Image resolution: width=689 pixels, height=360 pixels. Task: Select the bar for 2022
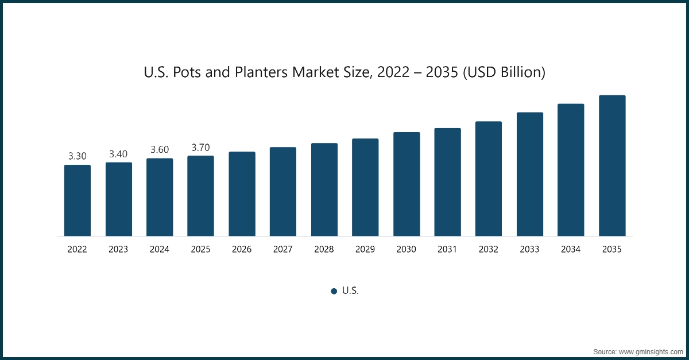coord(78,200)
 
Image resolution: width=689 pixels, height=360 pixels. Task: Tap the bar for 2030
coord(407,184)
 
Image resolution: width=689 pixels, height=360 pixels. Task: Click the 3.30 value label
coord(78,156)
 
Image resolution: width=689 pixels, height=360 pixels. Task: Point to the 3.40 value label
coord(118,154)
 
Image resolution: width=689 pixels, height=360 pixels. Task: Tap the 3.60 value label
coord(160,149)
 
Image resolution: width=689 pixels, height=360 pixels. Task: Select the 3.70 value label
coord(200,148)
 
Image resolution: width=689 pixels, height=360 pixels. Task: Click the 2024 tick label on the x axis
coord(160,250)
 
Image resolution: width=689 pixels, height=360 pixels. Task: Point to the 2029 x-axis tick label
coord(365,250)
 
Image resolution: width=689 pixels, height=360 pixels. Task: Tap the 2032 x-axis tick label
coord(489,250)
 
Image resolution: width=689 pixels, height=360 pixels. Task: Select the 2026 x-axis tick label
coord(242,250)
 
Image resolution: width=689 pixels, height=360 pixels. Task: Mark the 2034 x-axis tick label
coord(571,250)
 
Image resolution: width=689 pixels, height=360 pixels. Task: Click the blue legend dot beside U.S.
coord(334,291)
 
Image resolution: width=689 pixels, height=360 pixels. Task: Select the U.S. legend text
coord(350,291)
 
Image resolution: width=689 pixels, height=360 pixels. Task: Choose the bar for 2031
coord(448,182)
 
